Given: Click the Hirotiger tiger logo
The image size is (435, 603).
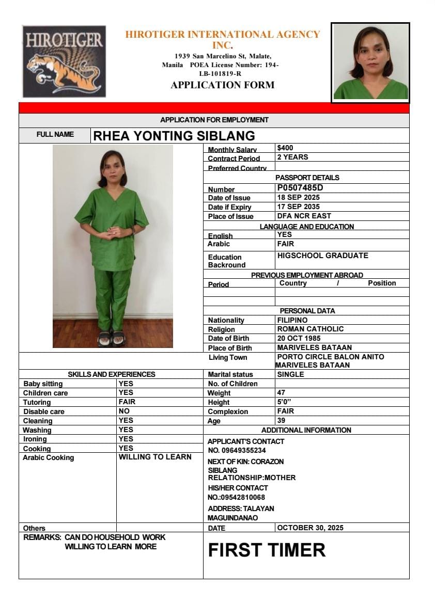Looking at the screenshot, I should pyautogui.click(x=64, y=61).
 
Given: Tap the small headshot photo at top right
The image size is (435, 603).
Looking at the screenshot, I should pyautogui.click(x=370, y=62).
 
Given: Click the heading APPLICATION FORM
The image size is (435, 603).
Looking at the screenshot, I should pyautogui.click(x=222, y=85).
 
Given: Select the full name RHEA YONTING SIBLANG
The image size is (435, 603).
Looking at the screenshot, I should pyautogui.click(x=174, y=136).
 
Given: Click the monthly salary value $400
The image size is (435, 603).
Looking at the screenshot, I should pyautogui.click(x=285, y=148).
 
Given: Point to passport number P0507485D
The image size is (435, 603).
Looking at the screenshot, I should pyautogui.click(x=300, y=188).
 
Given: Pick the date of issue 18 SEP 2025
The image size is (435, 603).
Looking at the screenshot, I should pyautogui.click(x=298, y=198).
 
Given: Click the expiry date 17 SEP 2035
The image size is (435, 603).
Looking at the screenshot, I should pyautogui.click(x=298, y=207).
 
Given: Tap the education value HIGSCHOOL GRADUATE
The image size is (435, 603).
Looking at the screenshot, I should pyautogui.click(x=322, y=256).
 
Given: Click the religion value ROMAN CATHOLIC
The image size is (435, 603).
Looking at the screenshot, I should pyautogui.click(x=310, y=329).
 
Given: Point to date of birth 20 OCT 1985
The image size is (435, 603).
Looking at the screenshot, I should pyautogui.click(x=299, y=338).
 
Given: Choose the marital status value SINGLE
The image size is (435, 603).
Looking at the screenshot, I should pyautogui.click(x=290, y=374).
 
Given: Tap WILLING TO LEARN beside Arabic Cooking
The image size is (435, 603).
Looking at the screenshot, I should pyautogui.click(x=155, y=457).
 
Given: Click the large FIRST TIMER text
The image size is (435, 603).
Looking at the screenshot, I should pyautogui.click(x=267, y=550).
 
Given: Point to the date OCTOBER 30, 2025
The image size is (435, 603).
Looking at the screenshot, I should pyautogui.click(x=310, y=528).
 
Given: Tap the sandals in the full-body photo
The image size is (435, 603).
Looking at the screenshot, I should pyautogui.click(x=111, y=338).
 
